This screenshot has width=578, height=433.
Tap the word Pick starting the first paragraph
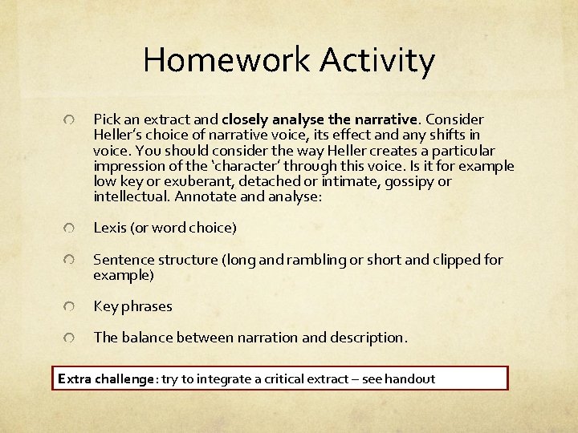106,119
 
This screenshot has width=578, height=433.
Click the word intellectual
131,196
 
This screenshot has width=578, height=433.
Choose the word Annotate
206,196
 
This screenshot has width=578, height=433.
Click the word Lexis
109,228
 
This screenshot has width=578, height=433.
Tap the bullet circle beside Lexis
71,229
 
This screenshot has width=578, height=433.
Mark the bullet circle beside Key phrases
71,307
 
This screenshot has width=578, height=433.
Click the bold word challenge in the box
125,378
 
